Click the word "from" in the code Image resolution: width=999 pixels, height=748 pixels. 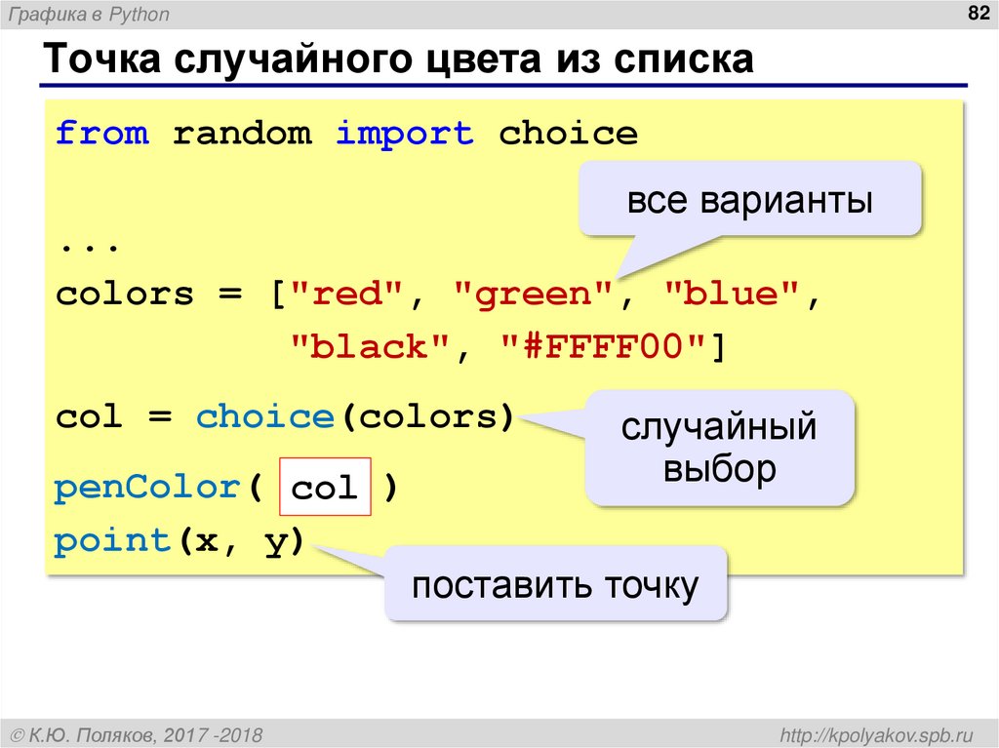tap(102, 133)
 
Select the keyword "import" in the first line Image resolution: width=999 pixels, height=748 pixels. tap(405, 133)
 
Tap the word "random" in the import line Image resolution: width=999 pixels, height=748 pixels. tap(242, 133)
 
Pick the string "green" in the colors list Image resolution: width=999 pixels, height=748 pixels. tap(533, 294)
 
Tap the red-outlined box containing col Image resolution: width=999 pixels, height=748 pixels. tap(325, 487)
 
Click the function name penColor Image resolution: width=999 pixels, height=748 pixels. tap(147, 487)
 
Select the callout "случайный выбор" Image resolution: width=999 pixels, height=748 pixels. tap(720, 448)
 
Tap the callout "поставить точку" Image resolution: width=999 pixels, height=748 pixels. tap(555, 585)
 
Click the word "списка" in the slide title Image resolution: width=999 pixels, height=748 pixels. tap(683, 60)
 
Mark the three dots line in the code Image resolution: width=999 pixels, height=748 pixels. tap(89, 245)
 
